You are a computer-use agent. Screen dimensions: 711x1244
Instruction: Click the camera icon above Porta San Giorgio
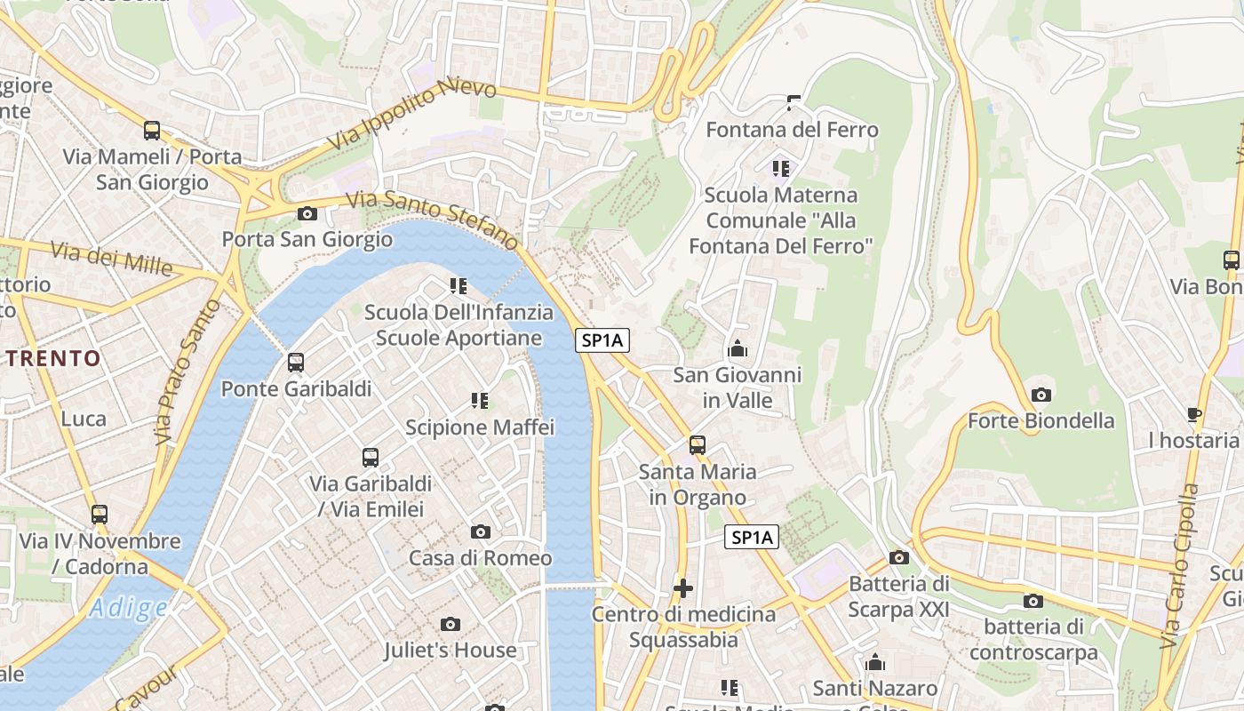[x=307, y=213]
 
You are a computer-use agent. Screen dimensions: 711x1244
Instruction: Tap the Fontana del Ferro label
[x=792, y=130]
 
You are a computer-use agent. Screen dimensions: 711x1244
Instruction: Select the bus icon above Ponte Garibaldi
[x=296, y=363]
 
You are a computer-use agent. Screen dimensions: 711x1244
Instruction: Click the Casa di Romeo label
[x=480, y=558]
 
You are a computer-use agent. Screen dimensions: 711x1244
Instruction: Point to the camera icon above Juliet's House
[x=451, y=624]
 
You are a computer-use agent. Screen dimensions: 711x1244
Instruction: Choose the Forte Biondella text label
[x=1041, y=420]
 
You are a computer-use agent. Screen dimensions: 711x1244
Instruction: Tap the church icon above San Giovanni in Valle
[x=737, y=348]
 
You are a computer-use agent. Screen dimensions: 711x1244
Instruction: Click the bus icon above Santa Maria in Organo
[x=698, y=444]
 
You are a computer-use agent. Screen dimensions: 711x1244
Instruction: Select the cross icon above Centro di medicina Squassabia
[x=682, y=587]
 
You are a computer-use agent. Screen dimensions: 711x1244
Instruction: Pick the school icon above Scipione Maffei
[x=480, y=401]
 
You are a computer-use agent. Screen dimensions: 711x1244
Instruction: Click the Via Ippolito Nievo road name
[x=414, y=113]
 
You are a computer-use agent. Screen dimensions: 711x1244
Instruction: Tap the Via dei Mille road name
[x=111, y=258]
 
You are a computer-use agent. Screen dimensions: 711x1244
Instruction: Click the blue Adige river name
[x=128, y=608]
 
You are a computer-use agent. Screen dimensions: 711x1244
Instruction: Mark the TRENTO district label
[x=54, y=359]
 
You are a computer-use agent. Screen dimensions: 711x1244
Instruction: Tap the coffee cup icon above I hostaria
[x=1194, y=414]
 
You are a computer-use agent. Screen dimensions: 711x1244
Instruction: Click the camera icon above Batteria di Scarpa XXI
[x=899, y=557]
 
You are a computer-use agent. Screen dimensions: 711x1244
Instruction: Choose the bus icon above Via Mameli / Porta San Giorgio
[x=152, y=131]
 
